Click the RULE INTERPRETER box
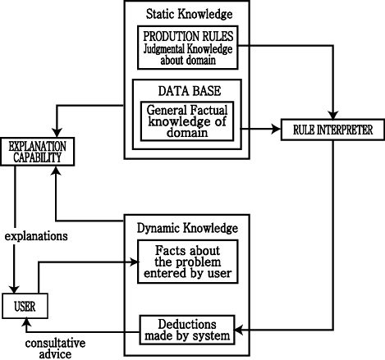pyautogui.click(x=332, y=130)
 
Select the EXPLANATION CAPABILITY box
pyautogui.click(x=38, y=152)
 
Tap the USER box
pyautogui.click(x=25, y=306)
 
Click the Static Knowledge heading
pyautogui.click(x=189, y=14)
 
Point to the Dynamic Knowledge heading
pyautogui.click(x=187, y=228)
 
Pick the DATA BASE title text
pyautogui.click(x=190, y=91)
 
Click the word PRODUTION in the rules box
pyautogui.click(x=167, y=36)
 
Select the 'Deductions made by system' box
pyautogui.click(x=187, y=330)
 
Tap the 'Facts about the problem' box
pyautogui.click(x=188, y=262)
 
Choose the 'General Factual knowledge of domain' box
pyautogui.click(x=187, y=121)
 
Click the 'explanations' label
pyautogui.click(x=36, y=236)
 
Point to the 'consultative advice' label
pyautogui.click(x=55, y=349)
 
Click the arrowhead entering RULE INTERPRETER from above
pyautogui.click(x=333, y=116)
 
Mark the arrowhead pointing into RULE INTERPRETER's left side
pyautogui.click(x=277, y=129)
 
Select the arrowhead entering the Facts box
pyautogui.click(x=134, y=262)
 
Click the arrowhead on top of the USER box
pyautogui.click(x=14, y=289)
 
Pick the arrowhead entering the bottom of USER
pyautogui.click(x=26, y=321)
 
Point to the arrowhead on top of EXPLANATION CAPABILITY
pyautogui.click(x=57, y=134)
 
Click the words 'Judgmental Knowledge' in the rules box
pyautogui.click(x=188, y=49)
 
